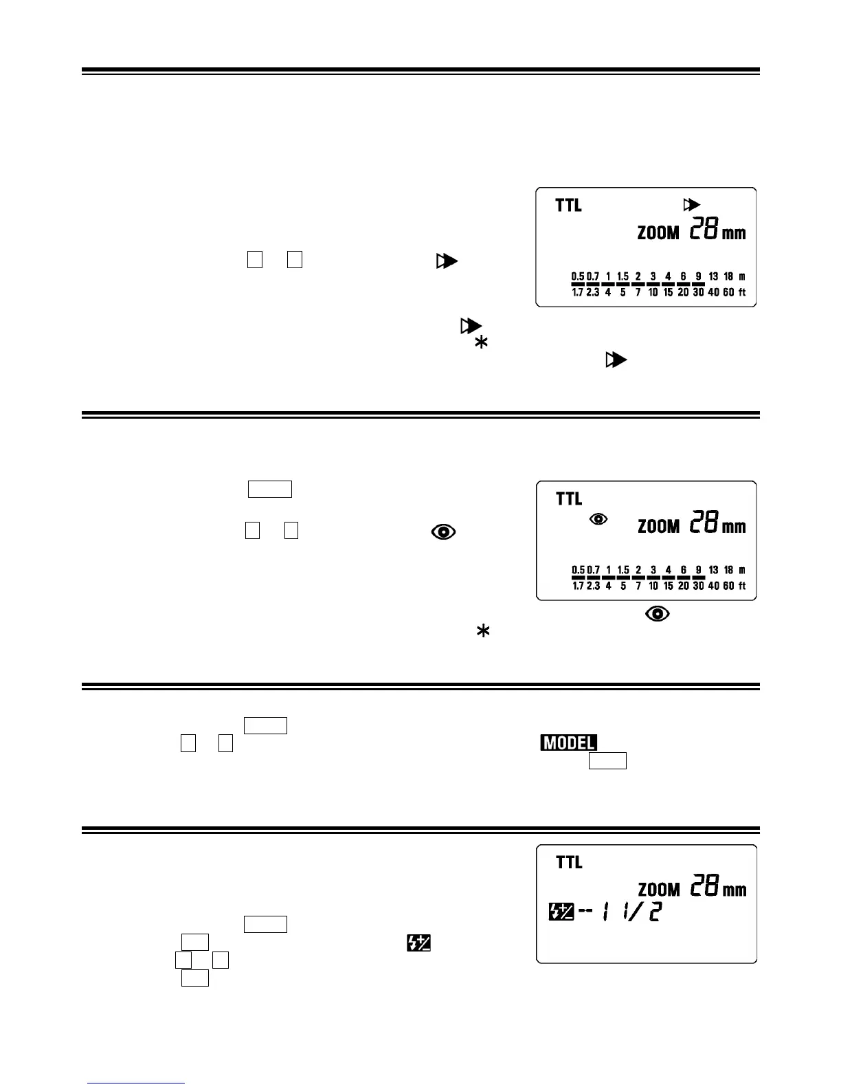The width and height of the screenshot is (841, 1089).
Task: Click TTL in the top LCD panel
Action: [x=568, y=205]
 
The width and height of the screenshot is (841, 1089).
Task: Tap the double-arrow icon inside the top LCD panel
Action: [x=691, y=205]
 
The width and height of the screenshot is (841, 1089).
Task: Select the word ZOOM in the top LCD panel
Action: [x=658, y=233]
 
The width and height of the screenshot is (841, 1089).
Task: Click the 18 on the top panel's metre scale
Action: [x=728, y=276]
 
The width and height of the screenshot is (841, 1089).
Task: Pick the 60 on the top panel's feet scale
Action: [x=728, y=292]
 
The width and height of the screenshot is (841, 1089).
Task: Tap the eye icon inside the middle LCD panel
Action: [x=598, y=519]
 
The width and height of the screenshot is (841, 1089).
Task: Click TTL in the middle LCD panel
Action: [x=568, y=498]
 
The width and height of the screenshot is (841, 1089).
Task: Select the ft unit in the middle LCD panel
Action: [x=742, y=586]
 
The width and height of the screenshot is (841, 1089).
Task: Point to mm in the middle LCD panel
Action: [x=734, y=527]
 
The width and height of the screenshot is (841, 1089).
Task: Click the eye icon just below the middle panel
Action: [x=658, y=614]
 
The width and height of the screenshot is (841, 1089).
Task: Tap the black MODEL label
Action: [x=568, y=743]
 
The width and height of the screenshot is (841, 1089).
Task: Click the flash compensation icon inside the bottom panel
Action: [x=561, y=912]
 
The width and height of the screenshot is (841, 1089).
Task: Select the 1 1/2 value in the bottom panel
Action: [x=631, y=912]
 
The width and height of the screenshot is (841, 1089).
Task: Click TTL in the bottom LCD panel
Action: [x=568, y=862]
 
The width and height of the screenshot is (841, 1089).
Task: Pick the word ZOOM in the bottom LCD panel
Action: [x=658, y=890]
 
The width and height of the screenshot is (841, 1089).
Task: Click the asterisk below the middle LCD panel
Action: [x=483, y=632]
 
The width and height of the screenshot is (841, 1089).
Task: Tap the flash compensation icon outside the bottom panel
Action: [x=418, y=943]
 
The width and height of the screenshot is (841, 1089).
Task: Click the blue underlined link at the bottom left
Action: [x=136, y=1083]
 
